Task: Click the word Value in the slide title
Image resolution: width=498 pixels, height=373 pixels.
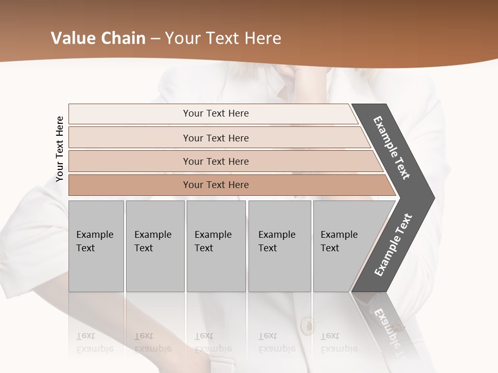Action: click(73, 38)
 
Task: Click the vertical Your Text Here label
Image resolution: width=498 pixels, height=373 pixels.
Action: click(60, 149)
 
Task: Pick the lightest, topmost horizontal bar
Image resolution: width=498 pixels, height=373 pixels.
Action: click(213, 113)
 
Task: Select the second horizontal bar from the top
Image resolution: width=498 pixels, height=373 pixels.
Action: click(216, 138)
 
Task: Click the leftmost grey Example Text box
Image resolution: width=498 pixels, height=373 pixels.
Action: click(96, 246)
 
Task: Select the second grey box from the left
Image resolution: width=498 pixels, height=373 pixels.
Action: click(155, 246)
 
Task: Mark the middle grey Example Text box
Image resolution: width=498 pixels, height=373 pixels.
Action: click(216, 246)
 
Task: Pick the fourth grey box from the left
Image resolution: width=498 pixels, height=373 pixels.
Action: click(280, 246)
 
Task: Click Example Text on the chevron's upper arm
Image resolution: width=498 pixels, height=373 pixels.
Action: click(392, 148)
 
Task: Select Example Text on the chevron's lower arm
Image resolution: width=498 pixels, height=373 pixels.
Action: click(393, 245)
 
